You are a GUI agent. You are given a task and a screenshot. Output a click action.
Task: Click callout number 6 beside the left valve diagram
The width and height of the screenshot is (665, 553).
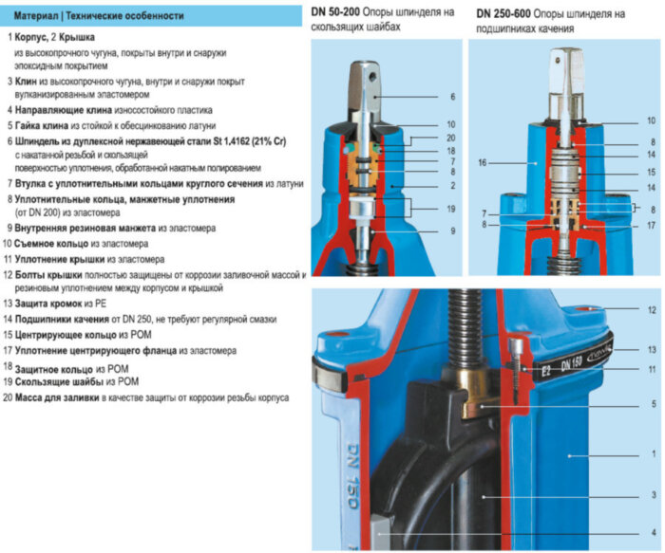452,97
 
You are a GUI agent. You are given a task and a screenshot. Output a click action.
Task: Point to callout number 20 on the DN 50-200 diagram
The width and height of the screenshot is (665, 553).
452,138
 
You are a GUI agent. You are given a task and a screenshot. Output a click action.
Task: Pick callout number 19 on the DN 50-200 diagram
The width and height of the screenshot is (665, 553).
452,209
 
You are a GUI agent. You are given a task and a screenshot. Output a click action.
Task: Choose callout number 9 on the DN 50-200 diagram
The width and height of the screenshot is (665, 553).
452,230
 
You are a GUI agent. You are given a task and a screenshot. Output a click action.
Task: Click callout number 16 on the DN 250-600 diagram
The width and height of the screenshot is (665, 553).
483,163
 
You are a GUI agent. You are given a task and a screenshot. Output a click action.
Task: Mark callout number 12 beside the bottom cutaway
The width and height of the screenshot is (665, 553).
651,310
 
